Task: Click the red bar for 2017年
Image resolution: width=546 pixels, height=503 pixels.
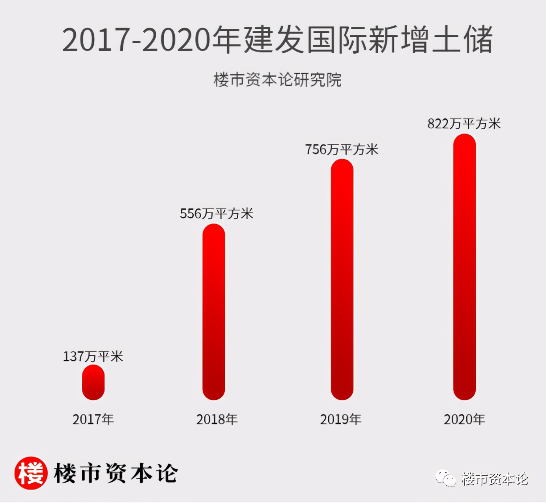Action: point(93,382)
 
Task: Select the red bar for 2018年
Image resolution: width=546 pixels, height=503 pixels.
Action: point(213,312)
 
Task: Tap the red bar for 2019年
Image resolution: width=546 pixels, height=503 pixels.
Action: point(342,280)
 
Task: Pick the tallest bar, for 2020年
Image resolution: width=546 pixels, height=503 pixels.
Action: point(464,267)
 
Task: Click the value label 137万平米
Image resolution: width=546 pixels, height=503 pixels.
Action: point(93,357)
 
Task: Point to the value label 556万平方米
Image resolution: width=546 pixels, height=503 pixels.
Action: point(216,214)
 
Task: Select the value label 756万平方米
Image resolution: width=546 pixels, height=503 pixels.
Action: point(342,149)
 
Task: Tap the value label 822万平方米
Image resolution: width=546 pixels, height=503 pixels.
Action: point(464,124)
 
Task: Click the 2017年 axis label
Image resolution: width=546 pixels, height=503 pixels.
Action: point(93,419)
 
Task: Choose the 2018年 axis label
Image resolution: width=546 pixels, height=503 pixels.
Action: point(217,419)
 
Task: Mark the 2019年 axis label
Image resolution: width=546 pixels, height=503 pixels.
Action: point(341,419)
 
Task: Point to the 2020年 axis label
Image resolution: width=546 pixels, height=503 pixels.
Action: point(464,419)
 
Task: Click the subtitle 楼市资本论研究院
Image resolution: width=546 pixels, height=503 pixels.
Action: point(277,80)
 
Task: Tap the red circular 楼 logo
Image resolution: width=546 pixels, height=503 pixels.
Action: point(31,473)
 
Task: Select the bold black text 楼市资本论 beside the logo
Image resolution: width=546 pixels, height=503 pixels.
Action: point(116,473)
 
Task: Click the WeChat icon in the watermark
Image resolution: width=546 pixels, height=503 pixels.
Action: point(446,479)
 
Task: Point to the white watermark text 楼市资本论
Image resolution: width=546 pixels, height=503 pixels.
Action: point(495,479)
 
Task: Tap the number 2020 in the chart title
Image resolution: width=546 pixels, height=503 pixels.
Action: point(176,39)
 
